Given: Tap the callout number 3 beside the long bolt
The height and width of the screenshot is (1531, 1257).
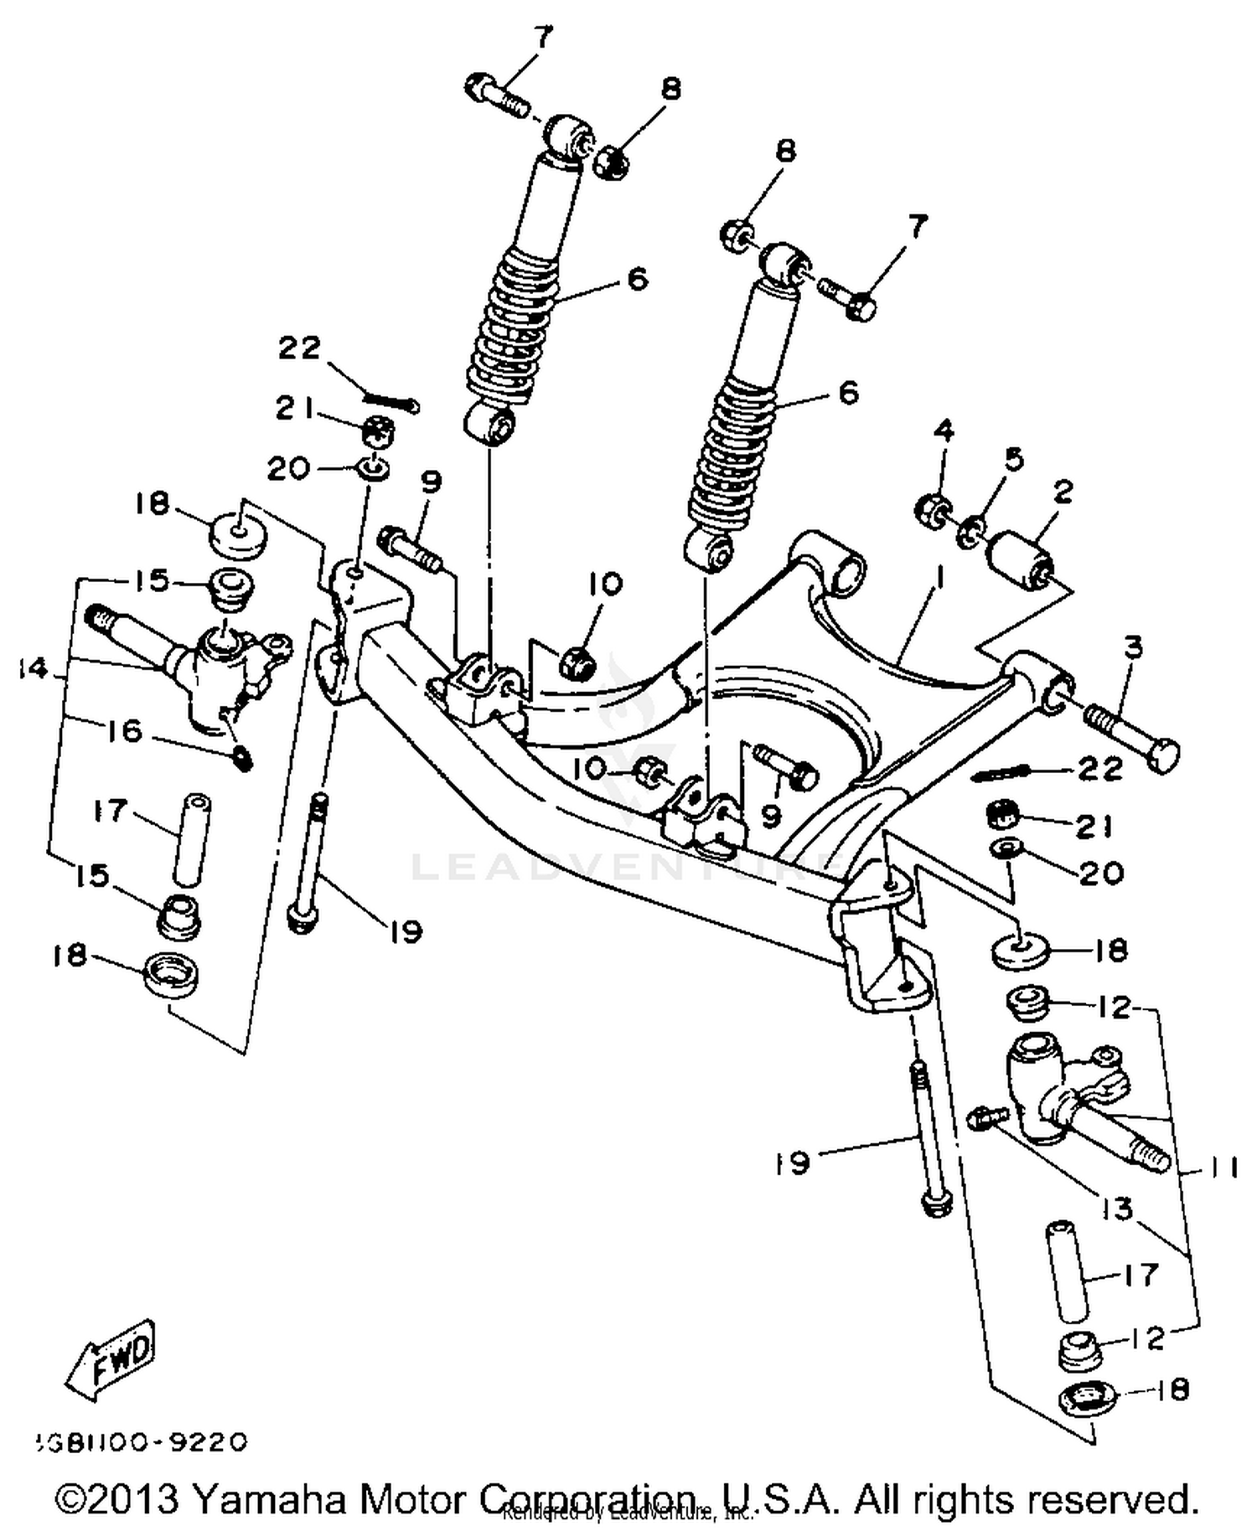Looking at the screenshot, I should coord(1133,646).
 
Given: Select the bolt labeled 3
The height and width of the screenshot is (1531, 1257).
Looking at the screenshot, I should coord(1130,735).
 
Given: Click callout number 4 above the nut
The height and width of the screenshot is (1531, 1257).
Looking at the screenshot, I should coord(944,431).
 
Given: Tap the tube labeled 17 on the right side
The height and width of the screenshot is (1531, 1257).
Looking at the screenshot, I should coord(1066,1270).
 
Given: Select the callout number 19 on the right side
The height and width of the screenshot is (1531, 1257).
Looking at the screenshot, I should coord(792,1162).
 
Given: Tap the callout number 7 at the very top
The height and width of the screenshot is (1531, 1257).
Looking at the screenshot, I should coord(543,36).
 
